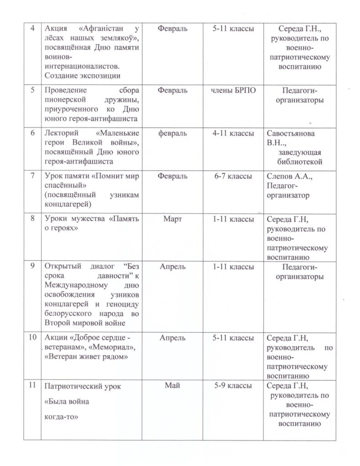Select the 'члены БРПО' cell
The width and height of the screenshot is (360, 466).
pyautogui.click(x=233, y=91)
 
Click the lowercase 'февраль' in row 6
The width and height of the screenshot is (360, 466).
pyautogui.click(x=172, y=133)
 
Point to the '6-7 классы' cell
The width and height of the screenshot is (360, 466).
pyautogui.click(x=233, y=176)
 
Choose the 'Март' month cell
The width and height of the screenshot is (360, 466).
pyautogui.click(x=172, y=219)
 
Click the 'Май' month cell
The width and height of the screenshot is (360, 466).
pyautogui.click(x=172, y=385)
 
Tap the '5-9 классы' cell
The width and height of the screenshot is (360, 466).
pyautogui.click(x=233, y=385)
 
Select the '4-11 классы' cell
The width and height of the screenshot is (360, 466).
pyautogui.click(x=233, y=133)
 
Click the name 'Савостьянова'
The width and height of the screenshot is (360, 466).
pyautogui.click(x=290, y=133)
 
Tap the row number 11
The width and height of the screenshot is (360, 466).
pyautogui.click(x=32, y=386)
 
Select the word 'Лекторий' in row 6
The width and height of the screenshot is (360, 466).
pyautogui.click(x=62, y=133)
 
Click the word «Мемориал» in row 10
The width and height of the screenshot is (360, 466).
pyautogui.click(x=116, y=347)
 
